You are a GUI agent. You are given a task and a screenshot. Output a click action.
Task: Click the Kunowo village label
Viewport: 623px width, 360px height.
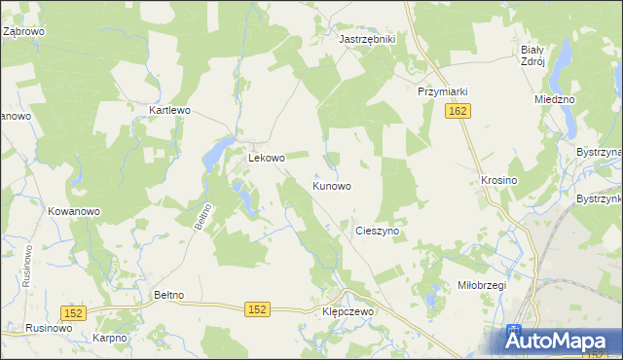pos(332,185)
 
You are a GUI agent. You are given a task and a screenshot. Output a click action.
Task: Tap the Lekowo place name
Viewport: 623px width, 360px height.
pos(266,158)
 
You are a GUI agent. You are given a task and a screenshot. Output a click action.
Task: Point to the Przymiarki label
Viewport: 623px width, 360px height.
pos(443,91)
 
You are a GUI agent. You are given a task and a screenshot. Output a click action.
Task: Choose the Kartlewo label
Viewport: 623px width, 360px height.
pos(169,111)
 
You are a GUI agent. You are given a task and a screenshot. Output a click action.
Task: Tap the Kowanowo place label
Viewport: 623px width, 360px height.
pos(74,211)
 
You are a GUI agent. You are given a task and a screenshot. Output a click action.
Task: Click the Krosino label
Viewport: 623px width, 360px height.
pos(498,181)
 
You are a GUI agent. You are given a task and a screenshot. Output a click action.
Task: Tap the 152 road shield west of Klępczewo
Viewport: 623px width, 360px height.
pos(257,308)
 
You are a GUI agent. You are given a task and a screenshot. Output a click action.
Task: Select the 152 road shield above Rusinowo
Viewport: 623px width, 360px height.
pos(74,312)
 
